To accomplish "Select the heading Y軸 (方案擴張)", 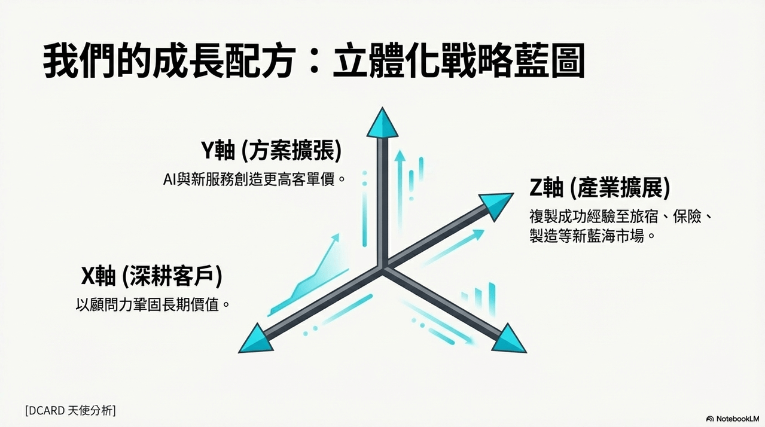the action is click(x=271, y=150).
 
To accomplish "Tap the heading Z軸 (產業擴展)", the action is click(x=600, y=188).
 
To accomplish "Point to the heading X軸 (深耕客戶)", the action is click(x=152, y=276).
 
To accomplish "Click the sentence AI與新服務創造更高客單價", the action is click(x=254, y=179).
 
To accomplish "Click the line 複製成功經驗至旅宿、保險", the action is click(x=620, y=216).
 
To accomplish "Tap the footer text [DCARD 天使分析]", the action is click(x=71, y=410).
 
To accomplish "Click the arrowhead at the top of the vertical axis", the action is click(x=383, y=123).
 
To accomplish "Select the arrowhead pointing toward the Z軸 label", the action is click(x=497, y=206).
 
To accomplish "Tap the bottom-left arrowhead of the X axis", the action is click(x=257, y=340).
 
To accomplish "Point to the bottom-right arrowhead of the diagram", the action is click(x=508, y=340).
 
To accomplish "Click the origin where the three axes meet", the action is click(x=383, y=269).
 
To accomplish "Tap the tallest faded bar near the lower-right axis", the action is click(x=492, y=300).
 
